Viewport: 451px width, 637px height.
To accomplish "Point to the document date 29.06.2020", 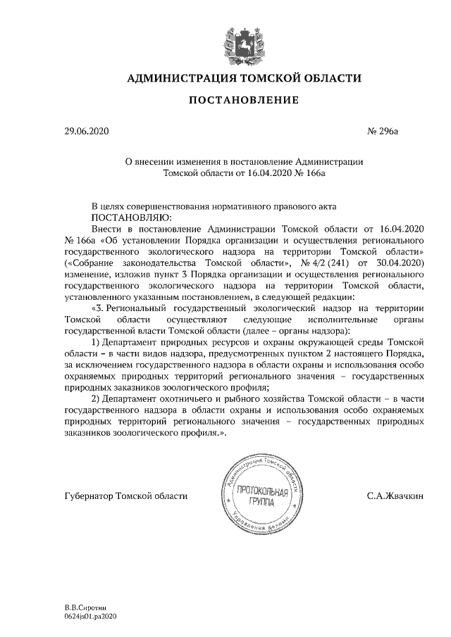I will click(85, 131).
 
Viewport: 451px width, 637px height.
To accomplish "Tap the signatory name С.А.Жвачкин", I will click(395, 496).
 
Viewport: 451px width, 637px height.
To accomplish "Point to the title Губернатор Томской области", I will click(125, 496).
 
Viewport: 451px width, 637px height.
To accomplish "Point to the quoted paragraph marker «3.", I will click(99, 308).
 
